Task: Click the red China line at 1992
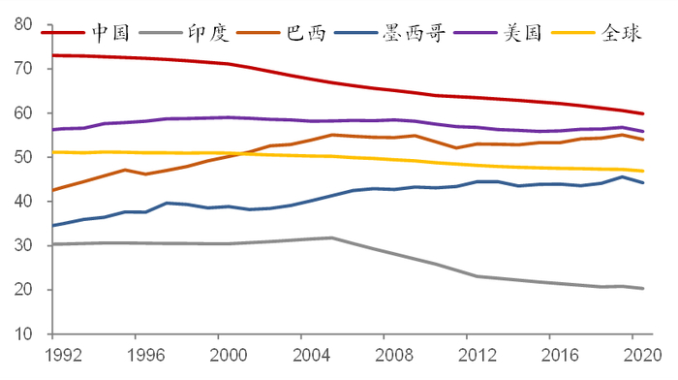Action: pos(52,55)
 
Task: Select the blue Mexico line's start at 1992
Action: pos(52,226)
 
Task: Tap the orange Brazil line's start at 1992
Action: pos(52,190)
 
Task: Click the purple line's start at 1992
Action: pos(52,129)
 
